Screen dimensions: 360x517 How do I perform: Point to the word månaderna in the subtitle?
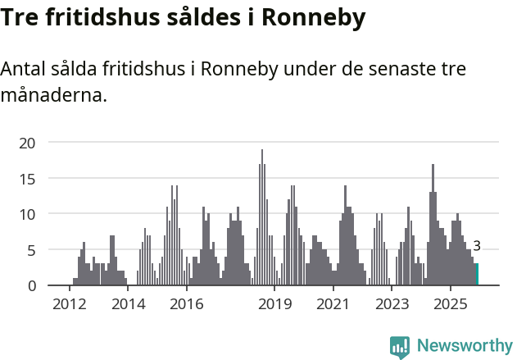[x=54, y=95]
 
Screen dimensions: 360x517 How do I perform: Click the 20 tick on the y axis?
[x=28, y=143]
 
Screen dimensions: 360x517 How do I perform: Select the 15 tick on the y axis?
[x=28, y=178]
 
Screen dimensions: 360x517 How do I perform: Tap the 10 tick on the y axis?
[x=28, y=214]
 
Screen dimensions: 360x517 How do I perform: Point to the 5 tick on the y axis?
[x=31, y=249]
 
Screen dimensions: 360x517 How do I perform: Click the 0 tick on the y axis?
[x=31, y=285]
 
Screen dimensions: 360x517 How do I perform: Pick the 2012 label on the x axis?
[x=69, y=304]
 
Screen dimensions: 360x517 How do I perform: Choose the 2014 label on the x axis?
[x=128, y=304]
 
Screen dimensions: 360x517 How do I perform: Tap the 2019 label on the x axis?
[x=274, y=304]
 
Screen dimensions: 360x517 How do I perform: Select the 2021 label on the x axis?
[x=333, y=304]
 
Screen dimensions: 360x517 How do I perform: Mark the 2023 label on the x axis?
[x=392, y=304]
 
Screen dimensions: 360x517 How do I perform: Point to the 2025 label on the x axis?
[x=450, y=304]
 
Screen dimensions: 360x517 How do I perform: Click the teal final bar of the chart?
[x=477, y=274]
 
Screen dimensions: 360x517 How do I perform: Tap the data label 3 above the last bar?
[x=477, y=245]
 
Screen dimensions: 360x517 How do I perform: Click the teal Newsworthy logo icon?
[x=400, y=347]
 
